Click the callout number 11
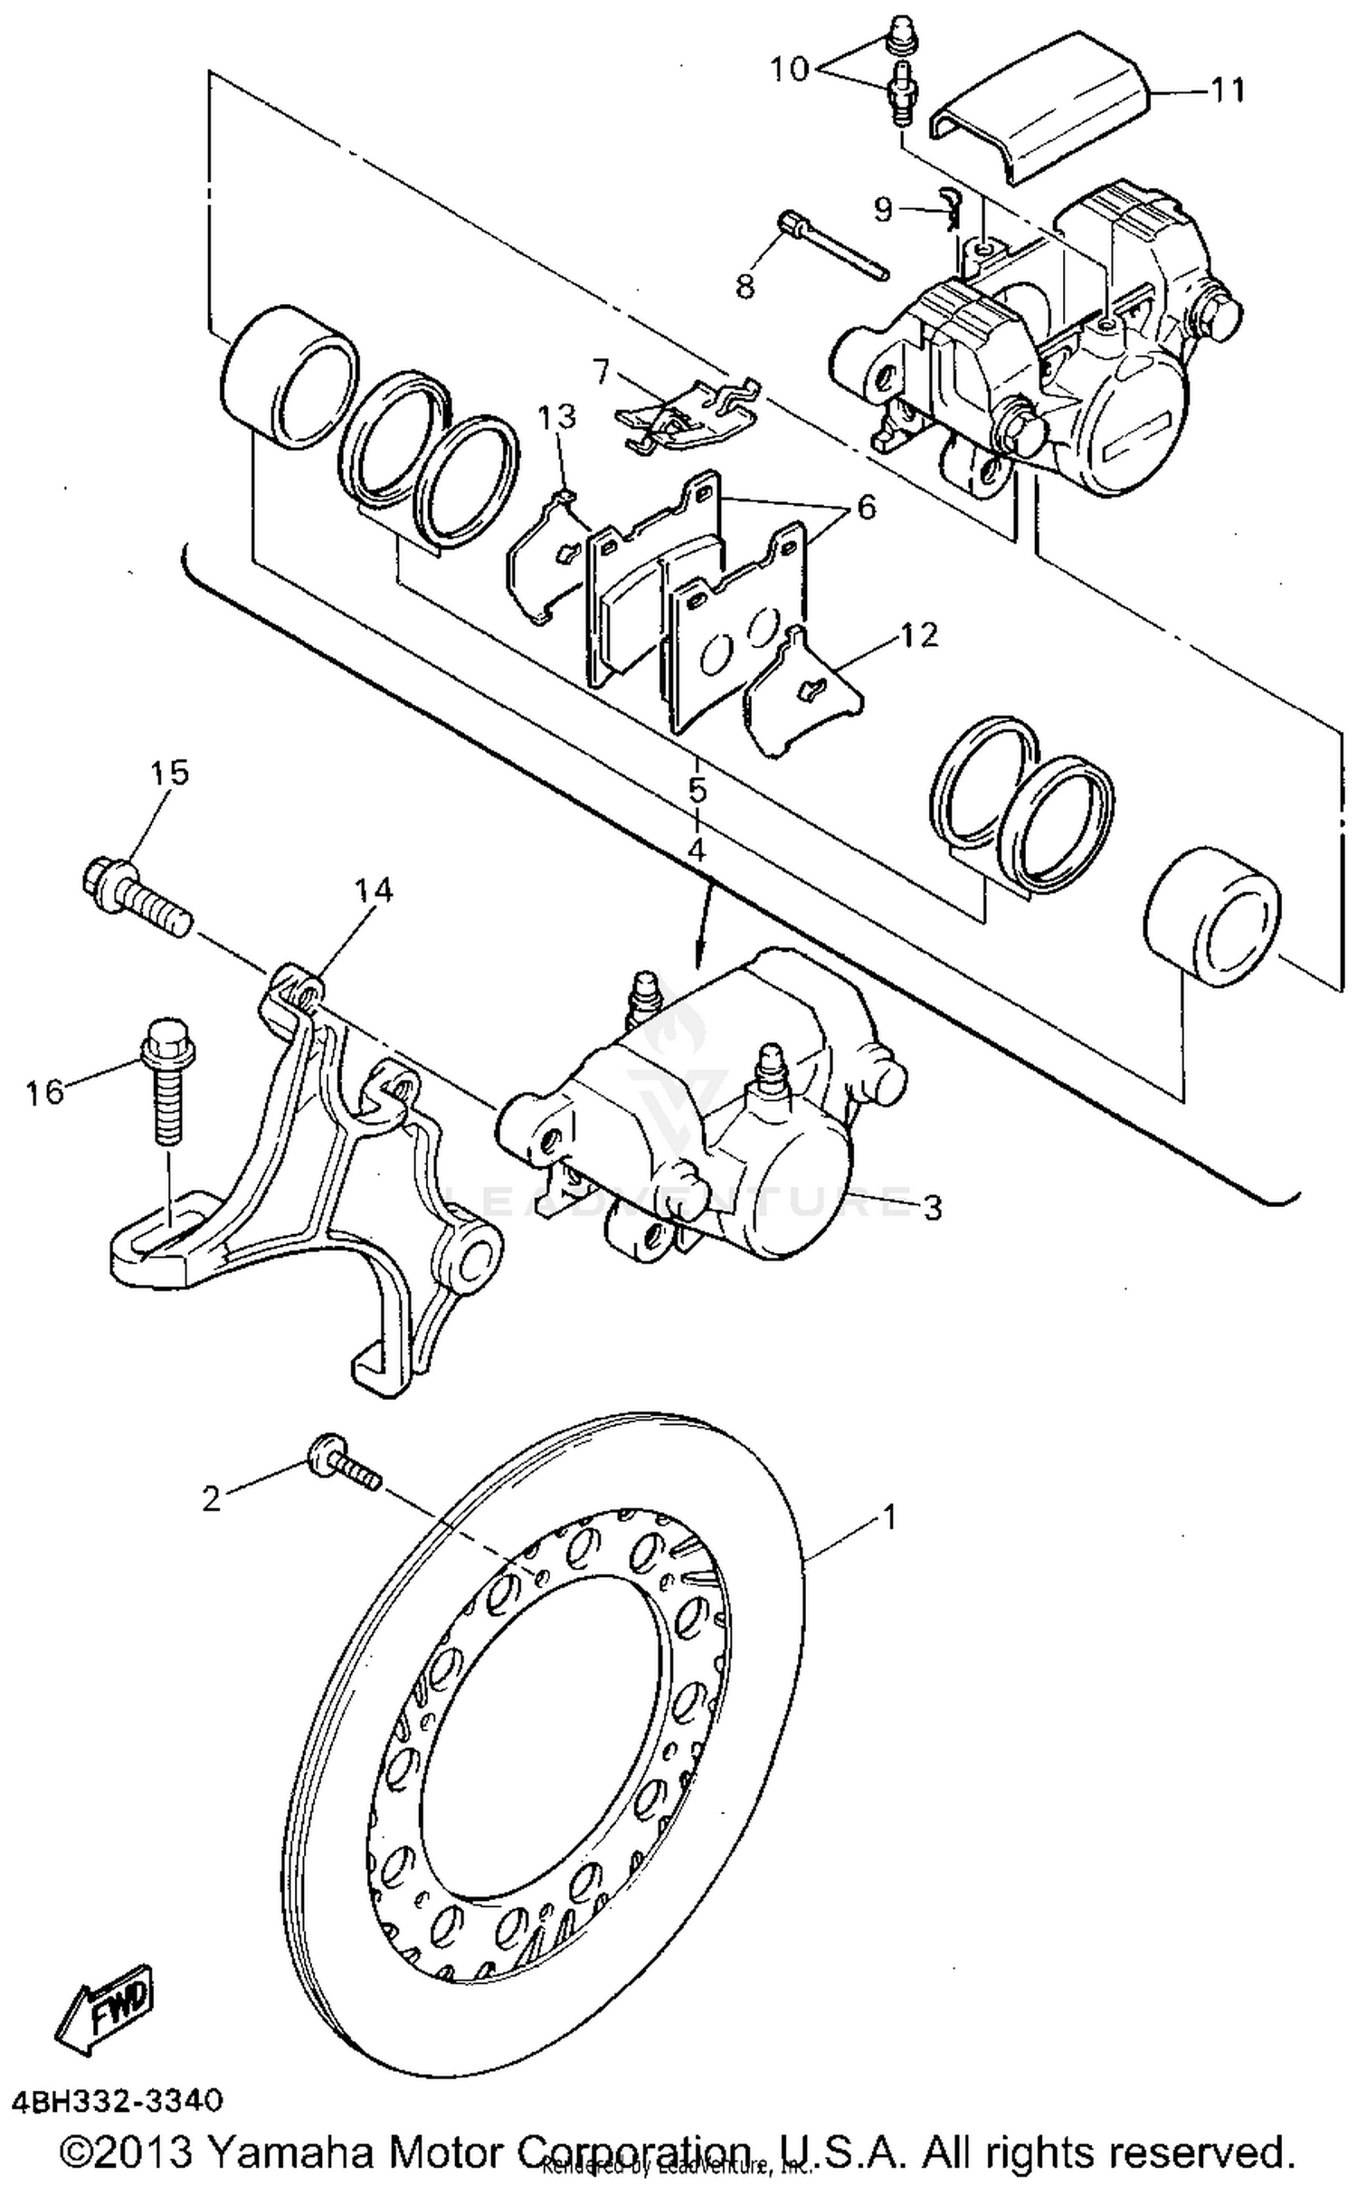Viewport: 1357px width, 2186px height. coord(1228,90)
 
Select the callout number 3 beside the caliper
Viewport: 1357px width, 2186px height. coord(932,1207)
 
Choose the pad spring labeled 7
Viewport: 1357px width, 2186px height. coord(688,412)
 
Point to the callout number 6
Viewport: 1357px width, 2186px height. coord(866,508)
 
